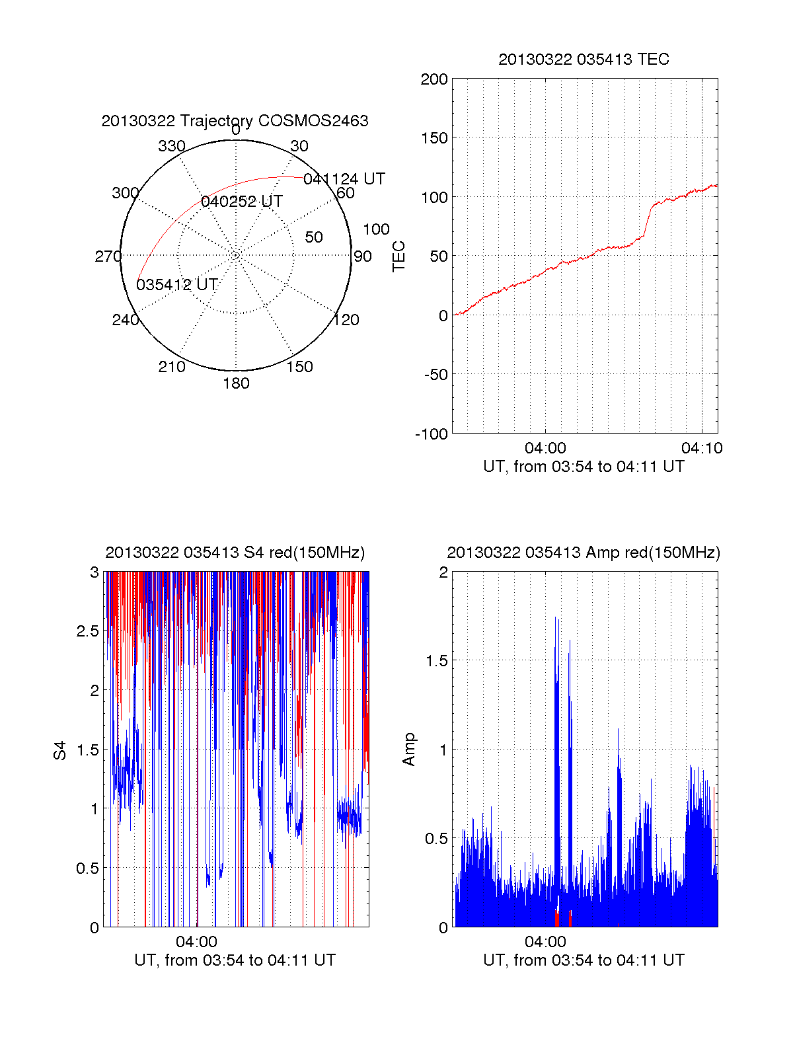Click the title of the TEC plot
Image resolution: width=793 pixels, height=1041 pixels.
[584, 59]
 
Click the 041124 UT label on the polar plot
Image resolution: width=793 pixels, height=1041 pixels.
[344, 179]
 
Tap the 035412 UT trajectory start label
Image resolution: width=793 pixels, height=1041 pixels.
[176, 285]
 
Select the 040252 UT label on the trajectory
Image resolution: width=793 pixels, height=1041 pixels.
[242, 202]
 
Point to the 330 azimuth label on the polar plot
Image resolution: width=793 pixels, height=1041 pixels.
[172, 146]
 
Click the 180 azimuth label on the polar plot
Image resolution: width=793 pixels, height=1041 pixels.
[236, 383]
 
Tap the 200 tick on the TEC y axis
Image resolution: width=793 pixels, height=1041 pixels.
[434, 79]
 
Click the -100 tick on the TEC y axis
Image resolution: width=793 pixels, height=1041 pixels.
[432, 434]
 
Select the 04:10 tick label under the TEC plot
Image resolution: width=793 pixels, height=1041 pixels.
[702, 448]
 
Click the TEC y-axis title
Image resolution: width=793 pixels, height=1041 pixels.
[398, 256]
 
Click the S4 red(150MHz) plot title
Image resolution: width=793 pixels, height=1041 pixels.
[235, 553]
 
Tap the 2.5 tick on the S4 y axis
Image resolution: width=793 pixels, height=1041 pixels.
[88, 631]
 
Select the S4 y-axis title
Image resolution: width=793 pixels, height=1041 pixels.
[60, 750]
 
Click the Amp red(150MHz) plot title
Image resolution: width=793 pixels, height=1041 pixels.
[584, 553]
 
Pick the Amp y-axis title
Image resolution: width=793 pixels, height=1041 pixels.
[409, 750]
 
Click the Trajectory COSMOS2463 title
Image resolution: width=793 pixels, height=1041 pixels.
[235, 121]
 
